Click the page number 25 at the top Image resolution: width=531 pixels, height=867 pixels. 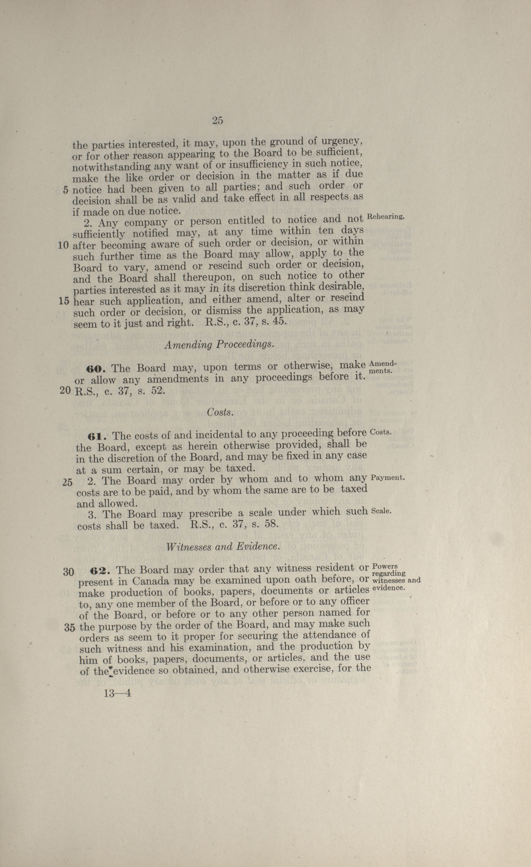(217, 121)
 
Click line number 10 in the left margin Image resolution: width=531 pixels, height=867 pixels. (63, 245)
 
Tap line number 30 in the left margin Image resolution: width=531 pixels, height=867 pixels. (68, 572)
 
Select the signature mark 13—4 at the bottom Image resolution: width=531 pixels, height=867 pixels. (117, 693)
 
